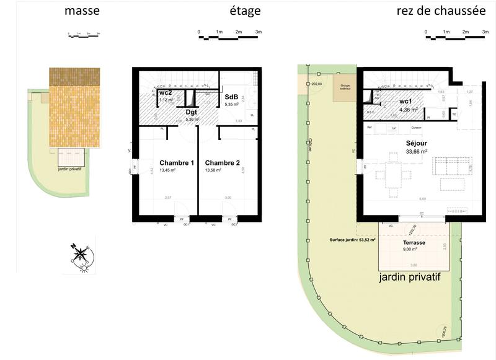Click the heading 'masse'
[81, 11]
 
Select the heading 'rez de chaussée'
[441, 11]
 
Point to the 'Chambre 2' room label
[222, 163]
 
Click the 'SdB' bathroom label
[231, 97]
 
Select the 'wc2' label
[165, 93]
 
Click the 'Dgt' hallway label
[192, 112]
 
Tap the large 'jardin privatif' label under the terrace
[409, 278]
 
